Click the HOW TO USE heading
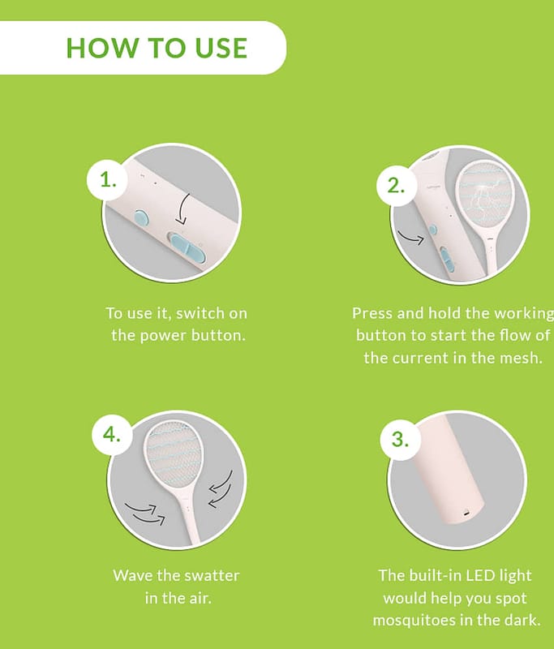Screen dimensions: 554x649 (157, 48)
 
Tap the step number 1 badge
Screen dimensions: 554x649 (107, 180)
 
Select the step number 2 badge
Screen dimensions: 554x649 (396, 186)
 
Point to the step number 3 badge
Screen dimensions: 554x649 (400, 439)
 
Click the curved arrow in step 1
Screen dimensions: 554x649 (182, 209)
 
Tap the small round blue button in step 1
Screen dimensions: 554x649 (141, 217)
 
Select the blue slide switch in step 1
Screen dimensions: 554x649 (188, 247)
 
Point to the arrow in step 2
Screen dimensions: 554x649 (410, 238)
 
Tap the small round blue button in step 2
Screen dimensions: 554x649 (433, 230)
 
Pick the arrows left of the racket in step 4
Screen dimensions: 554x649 (145, 513)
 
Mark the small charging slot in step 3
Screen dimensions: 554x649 (466, 514)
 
